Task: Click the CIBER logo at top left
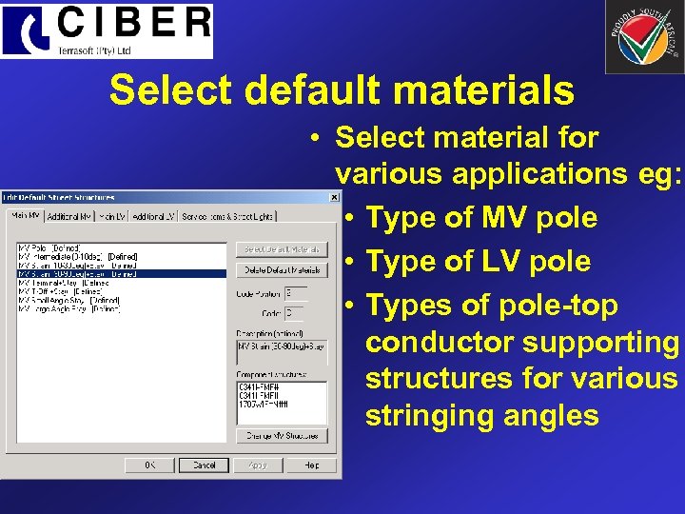point(107,30)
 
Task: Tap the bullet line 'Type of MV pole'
point(481,218)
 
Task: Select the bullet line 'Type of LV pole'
point(479,262)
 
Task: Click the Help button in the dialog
point(311,465)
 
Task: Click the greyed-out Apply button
point(258,465)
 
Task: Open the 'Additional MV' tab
point(68,216)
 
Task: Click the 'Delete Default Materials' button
point(282,270)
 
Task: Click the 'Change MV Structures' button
point(282,435)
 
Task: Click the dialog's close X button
point(333,197)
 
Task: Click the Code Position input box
point(295,293)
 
